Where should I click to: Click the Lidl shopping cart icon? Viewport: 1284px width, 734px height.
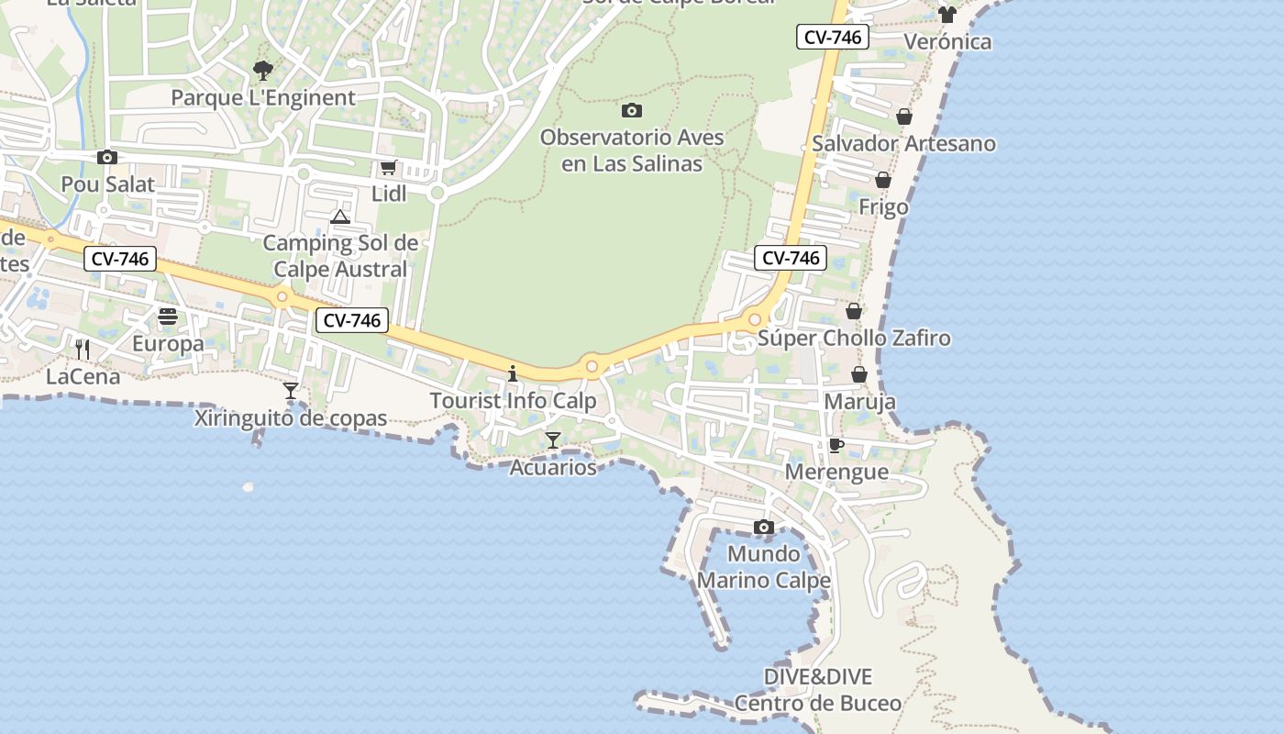coord(388,168)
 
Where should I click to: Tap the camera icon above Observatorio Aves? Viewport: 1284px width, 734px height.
coord(632,111)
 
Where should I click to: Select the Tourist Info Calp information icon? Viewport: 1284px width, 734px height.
coord(513,373)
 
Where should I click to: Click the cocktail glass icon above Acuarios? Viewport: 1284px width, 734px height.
coord(553,440)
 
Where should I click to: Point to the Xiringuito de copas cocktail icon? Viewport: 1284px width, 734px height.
coord(291,391)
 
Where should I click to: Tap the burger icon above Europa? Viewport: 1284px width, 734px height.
coord(168,317)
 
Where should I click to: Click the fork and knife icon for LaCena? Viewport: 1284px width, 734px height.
coord(83,349)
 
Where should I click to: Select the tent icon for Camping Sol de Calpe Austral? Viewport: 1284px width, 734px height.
coord(340,217)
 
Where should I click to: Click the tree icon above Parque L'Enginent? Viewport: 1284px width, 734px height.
coord(263,70)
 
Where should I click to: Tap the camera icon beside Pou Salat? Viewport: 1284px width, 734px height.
coord(107,158)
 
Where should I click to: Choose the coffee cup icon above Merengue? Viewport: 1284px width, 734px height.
coord(836,446)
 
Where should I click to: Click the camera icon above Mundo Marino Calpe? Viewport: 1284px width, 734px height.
coord(764,528)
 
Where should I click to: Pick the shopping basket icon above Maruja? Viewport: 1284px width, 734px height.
coord(859,374)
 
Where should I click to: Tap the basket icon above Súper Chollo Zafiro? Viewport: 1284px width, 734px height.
coord(854,311)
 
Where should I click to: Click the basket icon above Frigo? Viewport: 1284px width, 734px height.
coord(883,180)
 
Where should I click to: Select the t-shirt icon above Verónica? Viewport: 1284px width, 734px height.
coord(947,15)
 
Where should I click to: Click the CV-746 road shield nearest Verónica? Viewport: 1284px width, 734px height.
coord(832,38)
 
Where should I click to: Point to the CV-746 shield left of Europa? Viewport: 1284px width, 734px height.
coord(120,260)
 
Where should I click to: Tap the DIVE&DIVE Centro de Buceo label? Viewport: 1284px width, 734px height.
coord(818,690)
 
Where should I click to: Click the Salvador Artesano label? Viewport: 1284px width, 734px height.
coord(903,143)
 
